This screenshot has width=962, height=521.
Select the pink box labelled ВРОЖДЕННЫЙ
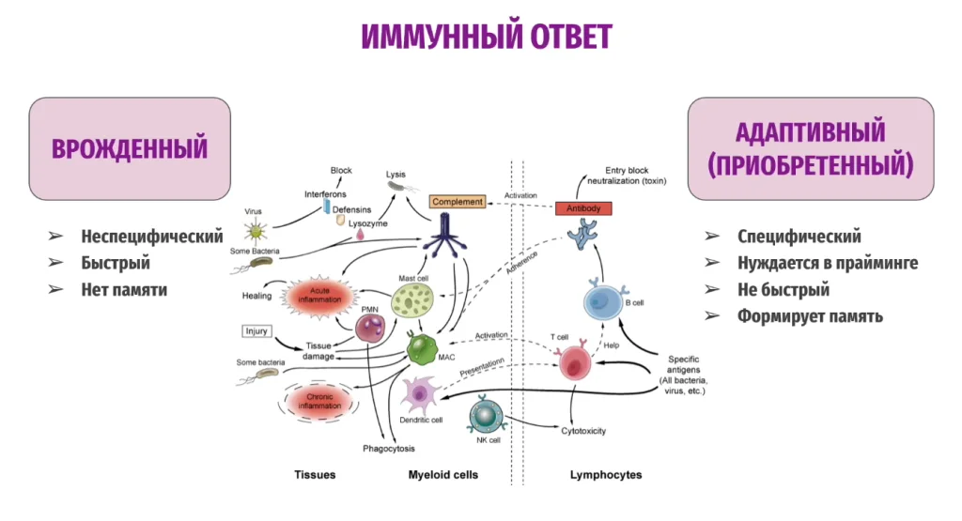pos(130,148)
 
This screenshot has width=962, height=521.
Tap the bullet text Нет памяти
pos(123,290)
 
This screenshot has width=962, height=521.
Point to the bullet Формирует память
pos(810,316)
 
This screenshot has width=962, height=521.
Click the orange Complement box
pos(458,202)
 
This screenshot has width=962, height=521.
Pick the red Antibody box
pos(583,208)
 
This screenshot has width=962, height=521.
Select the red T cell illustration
pos(575,362)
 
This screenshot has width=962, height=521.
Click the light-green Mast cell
pos(411,301)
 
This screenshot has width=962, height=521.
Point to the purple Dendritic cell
pos(421,394)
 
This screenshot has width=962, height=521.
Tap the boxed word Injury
pos(256,331)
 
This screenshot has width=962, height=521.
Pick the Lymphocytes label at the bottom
pos(606,475)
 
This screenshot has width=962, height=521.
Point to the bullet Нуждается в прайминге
pos(827,264)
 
